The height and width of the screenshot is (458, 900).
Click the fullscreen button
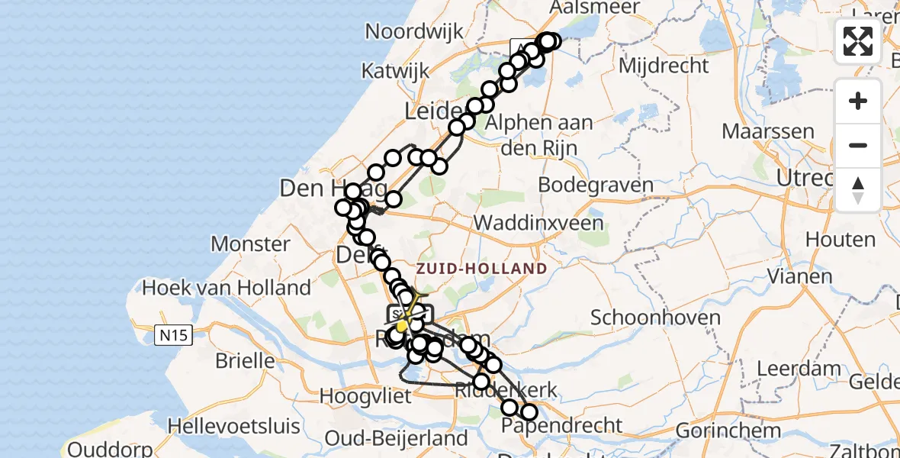point(858,41)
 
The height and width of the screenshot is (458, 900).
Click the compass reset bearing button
point(858,190)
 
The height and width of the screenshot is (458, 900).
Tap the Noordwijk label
point(415,31)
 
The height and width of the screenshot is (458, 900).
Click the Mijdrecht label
point(663,66)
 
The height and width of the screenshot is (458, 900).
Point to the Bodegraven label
point(596,185)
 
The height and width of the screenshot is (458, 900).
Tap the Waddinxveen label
point(538,224)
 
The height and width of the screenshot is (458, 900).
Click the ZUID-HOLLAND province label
point(481,269)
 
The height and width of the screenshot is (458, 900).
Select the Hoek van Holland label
point(227,288)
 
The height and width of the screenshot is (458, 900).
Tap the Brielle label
point(245,360)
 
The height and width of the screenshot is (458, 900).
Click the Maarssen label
point(768,131)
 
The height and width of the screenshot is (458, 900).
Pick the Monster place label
point(250,244)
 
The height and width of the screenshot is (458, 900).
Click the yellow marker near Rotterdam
point(402,326)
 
